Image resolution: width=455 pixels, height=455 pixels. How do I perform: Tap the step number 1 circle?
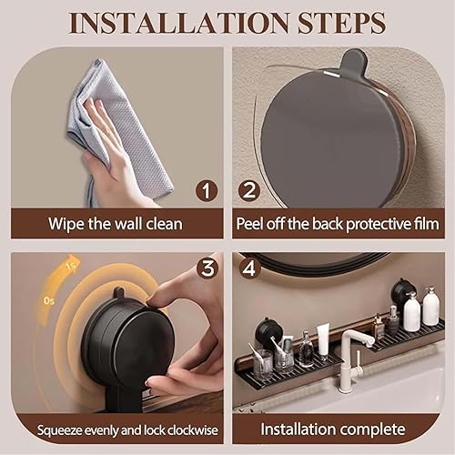point(207,191)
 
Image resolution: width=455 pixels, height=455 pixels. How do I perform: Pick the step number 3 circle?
point(207,268)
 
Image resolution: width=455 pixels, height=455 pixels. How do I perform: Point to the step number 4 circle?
point(249,269)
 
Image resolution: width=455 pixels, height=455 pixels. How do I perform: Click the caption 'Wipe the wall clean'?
point(116,223)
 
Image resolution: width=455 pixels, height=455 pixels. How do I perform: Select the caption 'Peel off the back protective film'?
point(339,223)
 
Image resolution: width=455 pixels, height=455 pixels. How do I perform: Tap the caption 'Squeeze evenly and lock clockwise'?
point(116,428)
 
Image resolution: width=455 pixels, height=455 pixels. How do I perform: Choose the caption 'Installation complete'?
point(339,428)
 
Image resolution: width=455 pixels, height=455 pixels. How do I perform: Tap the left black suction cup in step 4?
point(268,330)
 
